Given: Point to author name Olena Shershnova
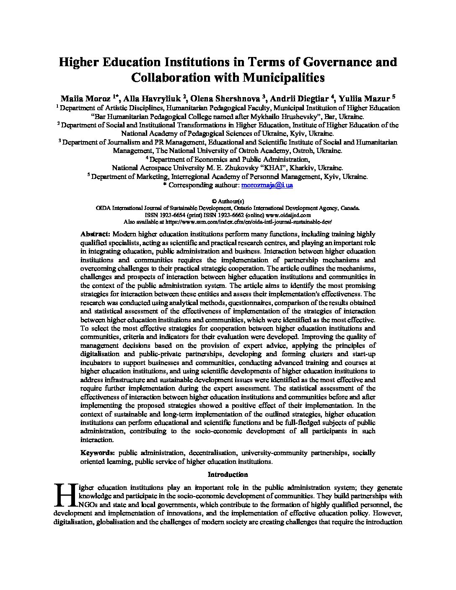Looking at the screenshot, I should [x=226, y=99].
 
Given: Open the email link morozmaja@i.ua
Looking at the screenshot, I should [x=267, y=185].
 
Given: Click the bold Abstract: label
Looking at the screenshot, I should [x=95, y=234].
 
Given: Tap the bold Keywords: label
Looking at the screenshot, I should [x=98, y=453].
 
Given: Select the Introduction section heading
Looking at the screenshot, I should [x=228, y=475].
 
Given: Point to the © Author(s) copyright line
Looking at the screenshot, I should [x=228, y=201].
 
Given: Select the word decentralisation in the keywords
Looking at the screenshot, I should [x=212, y=453].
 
